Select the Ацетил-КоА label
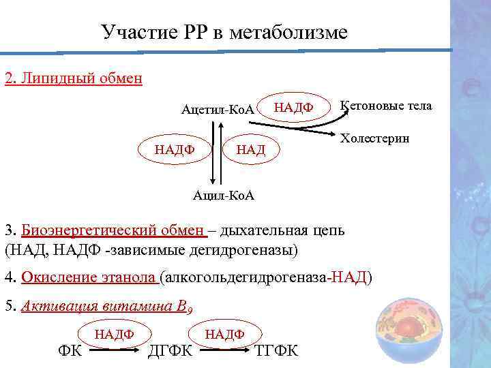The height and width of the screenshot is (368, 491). tap(218, 109)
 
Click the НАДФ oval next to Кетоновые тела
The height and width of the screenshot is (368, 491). tap(293, 107)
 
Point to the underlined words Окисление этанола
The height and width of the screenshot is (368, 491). tap(89, 277)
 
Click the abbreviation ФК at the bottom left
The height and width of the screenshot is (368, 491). tap(68, 351)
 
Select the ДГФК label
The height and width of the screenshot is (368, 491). tap(170, 351)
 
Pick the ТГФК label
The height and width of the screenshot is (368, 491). tap(276, 351)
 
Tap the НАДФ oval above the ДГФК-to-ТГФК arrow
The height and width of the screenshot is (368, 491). tap(224, 333)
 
